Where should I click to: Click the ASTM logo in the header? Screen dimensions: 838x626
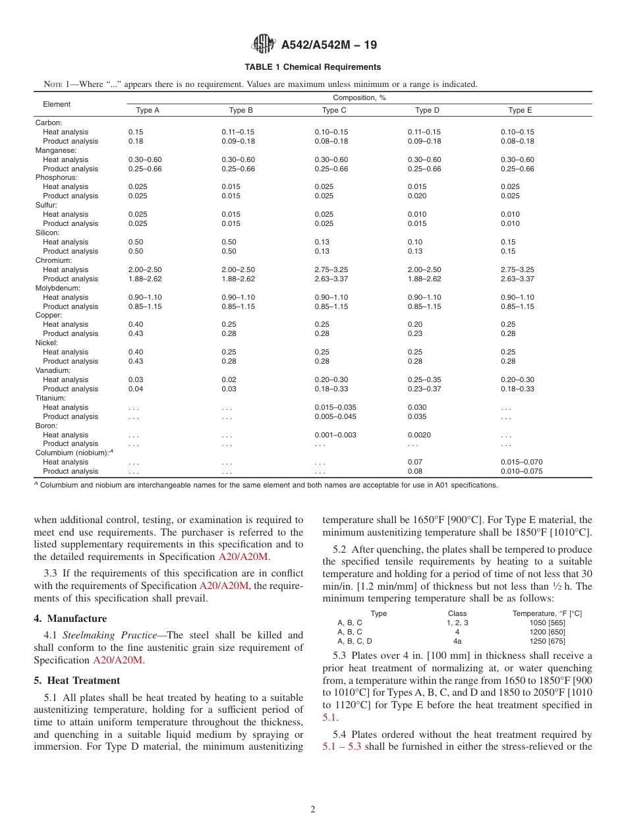coord(264,45)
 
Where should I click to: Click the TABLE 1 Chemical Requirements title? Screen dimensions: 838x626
coord(312,67)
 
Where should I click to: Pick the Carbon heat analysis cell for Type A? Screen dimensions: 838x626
coord(136,132)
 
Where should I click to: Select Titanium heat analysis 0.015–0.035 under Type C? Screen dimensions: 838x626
coord(335,407)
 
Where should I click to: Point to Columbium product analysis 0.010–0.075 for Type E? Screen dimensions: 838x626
coord(521,471)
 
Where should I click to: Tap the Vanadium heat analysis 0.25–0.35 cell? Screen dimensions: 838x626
coord(424,379)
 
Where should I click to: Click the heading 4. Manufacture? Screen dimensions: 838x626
coord(70,619)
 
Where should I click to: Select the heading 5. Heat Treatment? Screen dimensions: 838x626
coord(76,681)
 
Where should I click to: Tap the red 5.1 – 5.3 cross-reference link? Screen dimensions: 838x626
coord(342,747)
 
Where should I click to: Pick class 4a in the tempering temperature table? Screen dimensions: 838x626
coord(457,641)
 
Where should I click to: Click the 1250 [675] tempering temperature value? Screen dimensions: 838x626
coord(547,641)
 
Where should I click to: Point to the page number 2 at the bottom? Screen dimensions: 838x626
coord(313,810)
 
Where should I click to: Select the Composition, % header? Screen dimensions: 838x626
coord(359,98)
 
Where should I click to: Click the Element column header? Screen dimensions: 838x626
coord(57,104)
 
